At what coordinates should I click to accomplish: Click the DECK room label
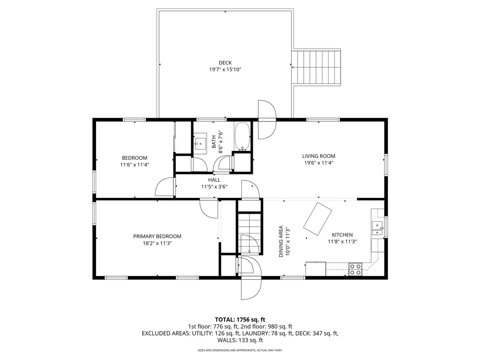click(x=225, y=63)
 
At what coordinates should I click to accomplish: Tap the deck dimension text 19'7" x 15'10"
click(x=225, y=69)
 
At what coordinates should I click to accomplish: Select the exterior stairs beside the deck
click(x=316, y=67)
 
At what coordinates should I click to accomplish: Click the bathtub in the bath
click(x=242, y=136)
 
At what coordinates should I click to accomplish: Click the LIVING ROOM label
click(x=318, y=156)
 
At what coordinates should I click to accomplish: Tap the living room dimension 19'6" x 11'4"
click(x=318, y=163)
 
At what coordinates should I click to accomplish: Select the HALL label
click(x=214, y=180)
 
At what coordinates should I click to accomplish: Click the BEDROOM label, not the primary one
click(x=135, y=158)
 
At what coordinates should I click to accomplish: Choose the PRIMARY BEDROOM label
click(x=157, y=236)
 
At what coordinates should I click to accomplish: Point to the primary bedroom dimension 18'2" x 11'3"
click(x=157, y=243)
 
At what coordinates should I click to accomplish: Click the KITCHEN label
click(x=342, y=235)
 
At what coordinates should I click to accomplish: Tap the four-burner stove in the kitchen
click(x=355, y=270)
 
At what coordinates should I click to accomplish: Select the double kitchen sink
click(x=377, y=228)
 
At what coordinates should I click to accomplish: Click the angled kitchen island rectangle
click(x=317, y=218)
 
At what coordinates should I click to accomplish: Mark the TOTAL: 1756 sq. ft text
click(x=240, y=320)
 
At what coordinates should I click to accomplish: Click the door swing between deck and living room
click(x=267, y=120)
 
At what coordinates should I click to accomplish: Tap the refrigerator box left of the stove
click(x=315, y=269)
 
